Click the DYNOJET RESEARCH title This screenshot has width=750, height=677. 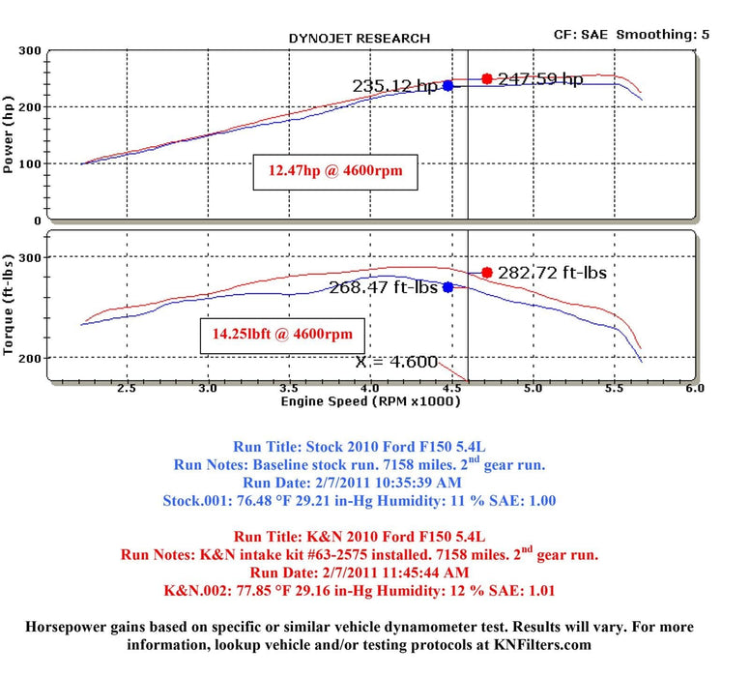359,39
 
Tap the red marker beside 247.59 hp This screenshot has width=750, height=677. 487,78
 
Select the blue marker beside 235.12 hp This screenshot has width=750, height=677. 448,86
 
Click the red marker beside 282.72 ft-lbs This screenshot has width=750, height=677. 487,273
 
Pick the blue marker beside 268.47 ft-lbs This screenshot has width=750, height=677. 448,287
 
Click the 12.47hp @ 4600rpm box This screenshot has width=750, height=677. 334,172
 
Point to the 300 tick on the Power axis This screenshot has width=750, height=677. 31,50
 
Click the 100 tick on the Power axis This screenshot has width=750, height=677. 31,163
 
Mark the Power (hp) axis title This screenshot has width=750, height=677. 11,134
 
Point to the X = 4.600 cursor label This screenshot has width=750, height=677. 396,363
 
